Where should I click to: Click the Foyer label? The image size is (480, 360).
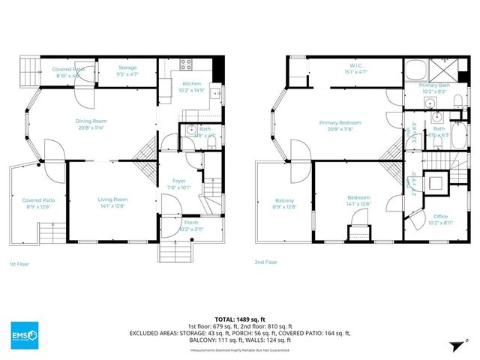[180, 181]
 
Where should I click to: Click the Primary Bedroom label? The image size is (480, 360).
[340, 123]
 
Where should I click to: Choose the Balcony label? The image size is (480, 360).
[284, 200]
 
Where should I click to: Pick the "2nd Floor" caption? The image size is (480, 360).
[265, 262]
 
